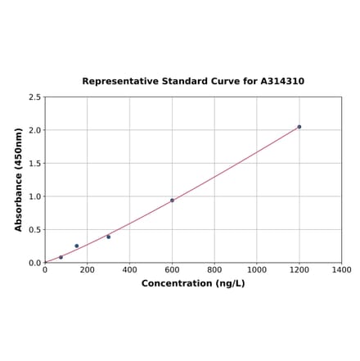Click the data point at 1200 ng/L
(299, 127)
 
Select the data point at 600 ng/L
(172, 201)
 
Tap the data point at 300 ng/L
(109, 237)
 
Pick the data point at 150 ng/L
(77, 246)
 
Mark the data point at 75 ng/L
(61, 257)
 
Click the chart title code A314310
(282, 82)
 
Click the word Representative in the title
(119, 82)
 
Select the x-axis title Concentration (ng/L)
(193, 284)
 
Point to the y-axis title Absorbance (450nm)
(19, 179)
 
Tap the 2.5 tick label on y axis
(34, 97)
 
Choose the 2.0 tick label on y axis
(34, 130)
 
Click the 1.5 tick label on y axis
(34, 164)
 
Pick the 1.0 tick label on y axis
(34, 196)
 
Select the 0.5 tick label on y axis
(34, 230)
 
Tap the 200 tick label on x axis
(88, 270)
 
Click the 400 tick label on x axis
(130, 270)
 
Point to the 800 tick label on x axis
(214, 270)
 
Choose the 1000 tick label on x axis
(257, 270)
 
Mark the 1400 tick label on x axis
(341, 270)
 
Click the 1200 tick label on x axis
(299, 270)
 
